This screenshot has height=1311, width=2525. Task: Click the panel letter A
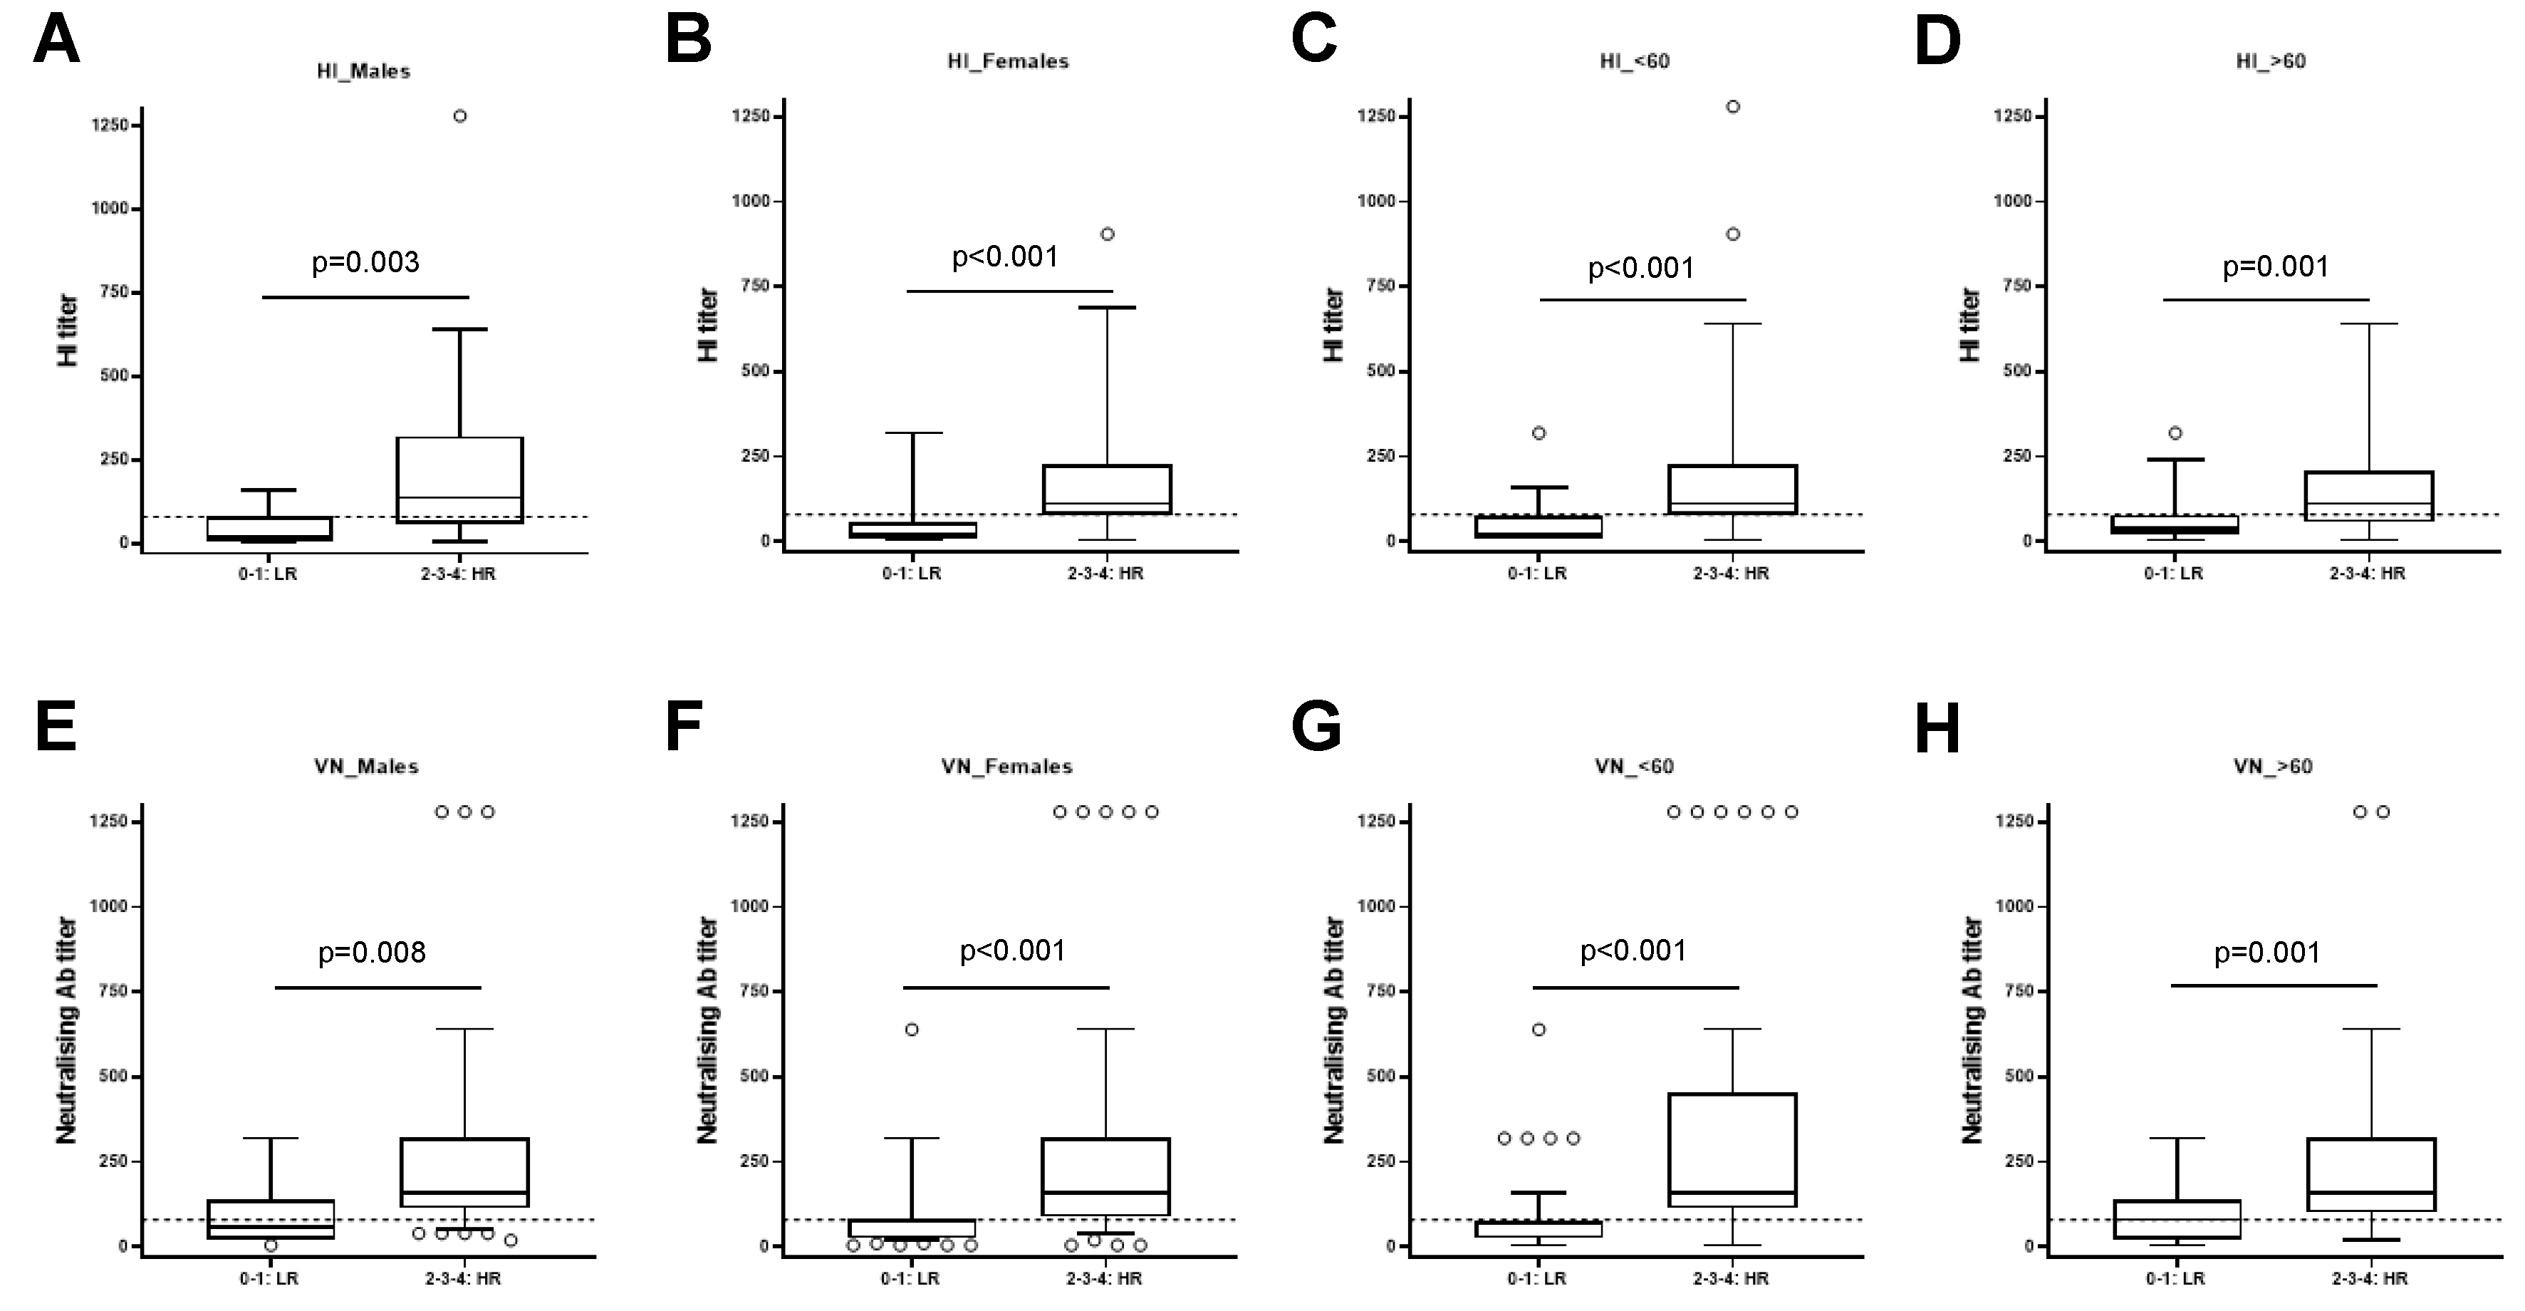coord(56,42)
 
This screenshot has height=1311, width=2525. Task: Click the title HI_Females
coord(1008,61)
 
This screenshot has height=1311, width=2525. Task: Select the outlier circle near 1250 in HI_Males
coord(459,115)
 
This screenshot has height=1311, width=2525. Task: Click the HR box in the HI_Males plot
coord(459,479)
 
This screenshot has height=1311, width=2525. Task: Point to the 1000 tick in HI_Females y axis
coord(752,201)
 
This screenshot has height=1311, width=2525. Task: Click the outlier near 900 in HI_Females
coord(1107,234)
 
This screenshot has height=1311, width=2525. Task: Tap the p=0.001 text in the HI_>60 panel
coord(2275,266)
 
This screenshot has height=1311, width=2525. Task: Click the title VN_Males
coord(365,767)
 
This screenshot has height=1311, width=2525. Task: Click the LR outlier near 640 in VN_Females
coord(912,1030)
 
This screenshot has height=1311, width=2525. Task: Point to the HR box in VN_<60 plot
coord(1732,1149)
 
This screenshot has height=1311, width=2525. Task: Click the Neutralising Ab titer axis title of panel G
coord(1334,1030)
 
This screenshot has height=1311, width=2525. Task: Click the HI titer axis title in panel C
coord(1334,325)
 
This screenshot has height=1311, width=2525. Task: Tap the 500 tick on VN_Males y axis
coord(109,1077)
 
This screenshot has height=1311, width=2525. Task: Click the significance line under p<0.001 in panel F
coord(1006,988)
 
